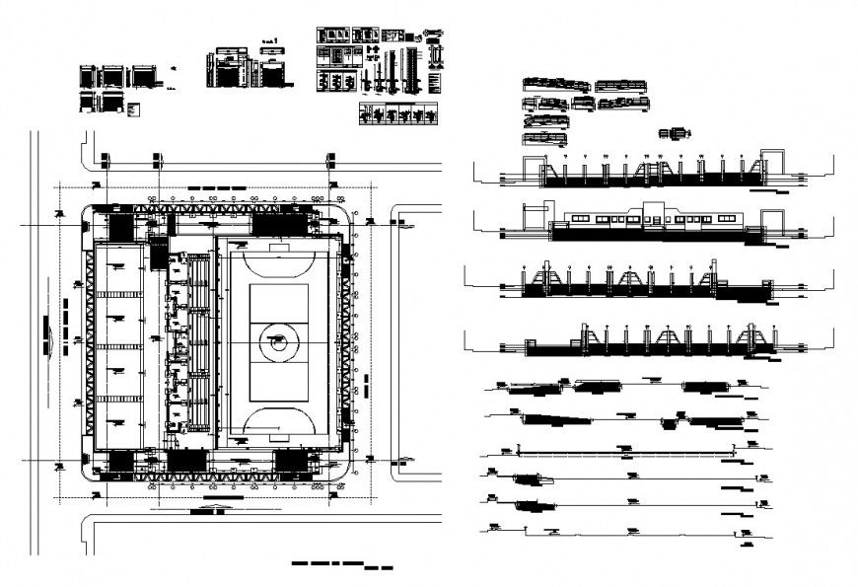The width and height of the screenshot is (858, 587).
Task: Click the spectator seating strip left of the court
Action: [x=201, y=341]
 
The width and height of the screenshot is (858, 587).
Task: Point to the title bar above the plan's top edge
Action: [x=214, y=186]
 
